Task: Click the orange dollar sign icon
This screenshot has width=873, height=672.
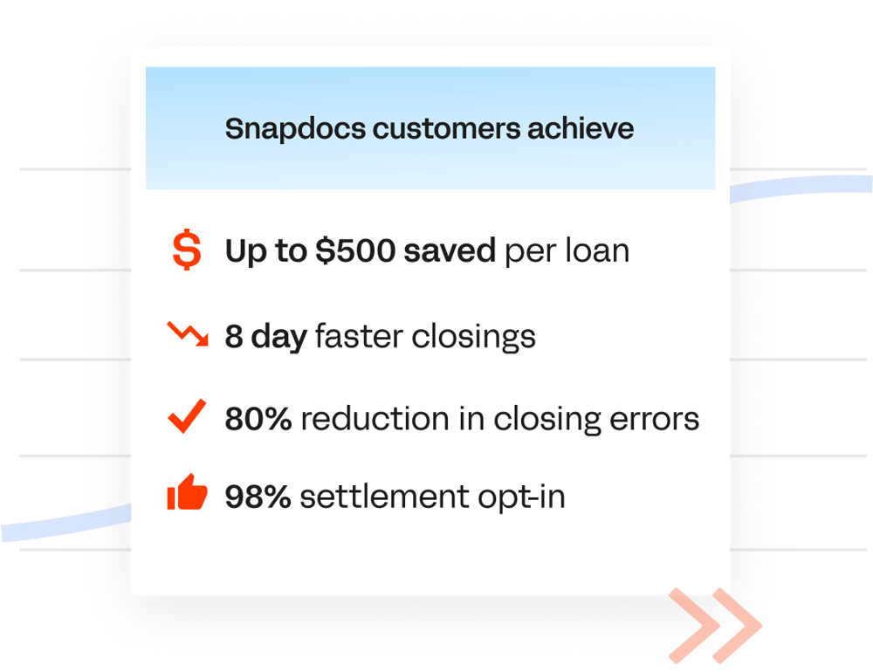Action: [186, 250]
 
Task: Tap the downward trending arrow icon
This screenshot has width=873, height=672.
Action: [187, 334]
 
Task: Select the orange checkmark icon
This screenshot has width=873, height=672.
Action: [187, 417]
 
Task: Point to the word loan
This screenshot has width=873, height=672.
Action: [596, 251]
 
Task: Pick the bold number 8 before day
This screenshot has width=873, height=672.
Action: [234, 337]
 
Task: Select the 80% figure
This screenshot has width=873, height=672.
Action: [258, 420]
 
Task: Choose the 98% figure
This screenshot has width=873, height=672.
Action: [258, 497]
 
